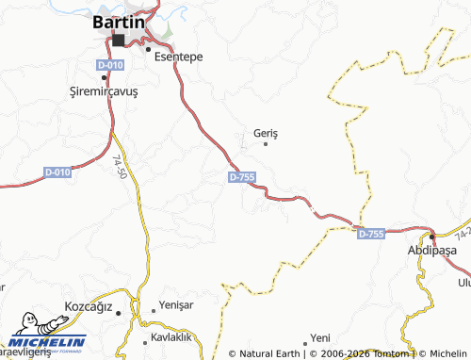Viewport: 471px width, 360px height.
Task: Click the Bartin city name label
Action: (x=119, y=22)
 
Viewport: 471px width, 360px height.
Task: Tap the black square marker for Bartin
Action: (x=119, y=41)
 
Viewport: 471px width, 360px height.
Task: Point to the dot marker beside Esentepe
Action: (x=148, y=48)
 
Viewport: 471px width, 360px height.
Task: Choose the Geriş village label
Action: (x=267, y=132)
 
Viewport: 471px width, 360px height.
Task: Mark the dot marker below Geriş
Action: (x=266, y=144)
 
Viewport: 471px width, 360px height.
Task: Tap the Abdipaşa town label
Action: (x=431, y=251)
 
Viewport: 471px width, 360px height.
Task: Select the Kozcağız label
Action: (x=87, y=307)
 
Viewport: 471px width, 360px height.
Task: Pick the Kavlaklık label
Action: (x=171, y=336)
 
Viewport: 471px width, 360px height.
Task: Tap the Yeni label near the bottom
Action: (x=321, y=336)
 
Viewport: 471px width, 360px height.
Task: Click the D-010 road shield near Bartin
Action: (x=109, y=64)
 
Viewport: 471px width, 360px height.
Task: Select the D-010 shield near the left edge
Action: (x=57, y=172)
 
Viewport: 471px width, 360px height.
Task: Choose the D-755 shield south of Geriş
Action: (x=241, y=177)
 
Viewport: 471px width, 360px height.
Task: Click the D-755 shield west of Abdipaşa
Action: (x=371, y=233)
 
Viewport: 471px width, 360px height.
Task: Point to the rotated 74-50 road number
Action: (x=120, y=170)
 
